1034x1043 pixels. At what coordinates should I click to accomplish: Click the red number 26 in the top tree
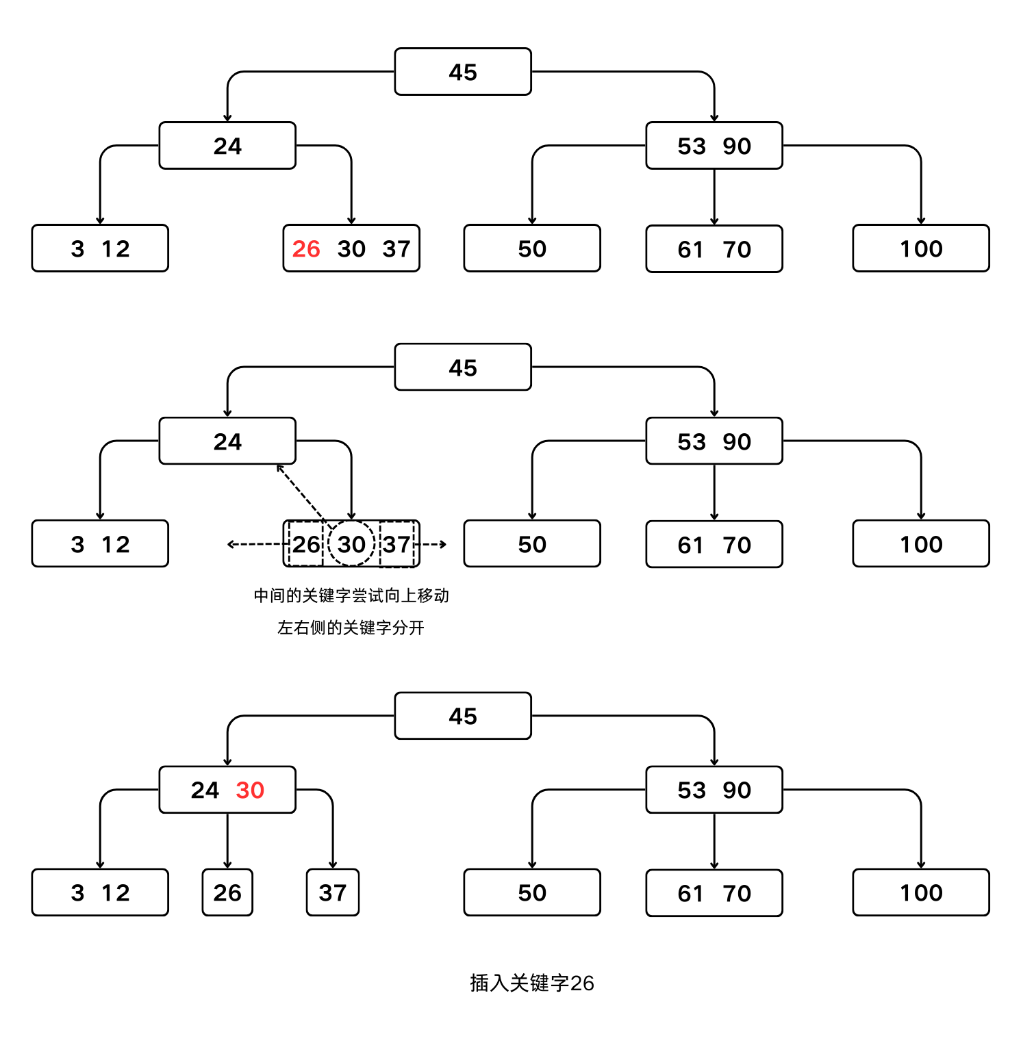pos(306,249)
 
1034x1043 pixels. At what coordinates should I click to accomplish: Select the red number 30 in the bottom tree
pos(250,790)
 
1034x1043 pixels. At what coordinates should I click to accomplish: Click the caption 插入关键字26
pos(531,983)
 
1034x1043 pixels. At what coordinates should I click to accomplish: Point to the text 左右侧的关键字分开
pos(351,628)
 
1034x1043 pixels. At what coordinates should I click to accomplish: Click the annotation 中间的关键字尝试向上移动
pos(351,595)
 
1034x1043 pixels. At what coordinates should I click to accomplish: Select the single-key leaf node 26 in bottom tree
pos(227,892)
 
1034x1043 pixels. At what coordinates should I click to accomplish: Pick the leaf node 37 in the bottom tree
pos(333,892)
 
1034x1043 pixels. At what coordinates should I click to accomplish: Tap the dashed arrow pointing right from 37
pos(433,545)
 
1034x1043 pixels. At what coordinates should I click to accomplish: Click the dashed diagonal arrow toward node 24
pos(301,493)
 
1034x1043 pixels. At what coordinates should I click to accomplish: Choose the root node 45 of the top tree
pos(463,72)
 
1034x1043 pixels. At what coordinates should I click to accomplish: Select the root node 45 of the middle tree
pos(463,368)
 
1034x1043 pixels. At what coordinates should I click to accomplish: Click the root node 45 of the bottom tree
pos(463,717)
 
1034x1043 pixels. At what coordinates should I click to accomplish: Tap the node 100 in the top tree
pos(921,249)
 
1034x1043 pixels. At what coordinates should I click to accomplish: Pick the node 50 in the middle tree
pos(532,545)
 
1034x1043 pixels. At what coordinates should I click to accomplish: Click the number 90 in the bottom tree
pos(737,790)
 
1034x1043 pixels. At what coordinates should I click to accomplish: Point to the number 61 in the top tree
pos(691,250)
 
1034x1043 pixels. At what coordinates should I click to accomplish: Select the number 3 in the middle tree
pos(77,545)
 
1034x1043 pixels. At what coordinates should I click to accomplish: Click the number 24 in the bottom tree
pos(205,790)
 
